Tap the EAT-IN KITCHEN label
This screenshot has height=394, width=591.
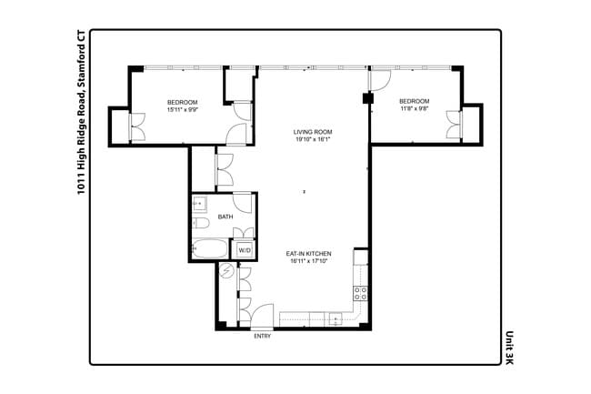[x=308, y=253]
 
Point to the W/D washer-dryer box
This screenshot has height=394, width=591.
[x=245, y=249]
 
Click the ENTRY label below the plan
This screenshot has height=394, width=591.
[x=262, y=336]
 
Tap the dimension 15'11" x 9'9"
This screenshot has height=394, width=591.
[x=182, y=109]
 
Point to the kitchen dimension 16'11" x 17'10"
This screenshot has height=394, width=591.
[x=307, y=261]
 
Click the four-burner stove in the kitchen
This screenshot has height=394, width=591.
[x=360, y=293]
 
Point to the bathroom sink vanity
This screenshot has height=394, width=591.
[x=201, y=204]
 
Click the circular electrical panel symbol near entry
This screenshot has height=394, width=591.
[x=226, y=269]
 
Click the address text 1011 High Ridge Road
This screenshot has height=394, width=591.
[x=81, y=137]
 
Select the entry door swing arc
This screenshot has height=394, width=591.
[x=265, y=312]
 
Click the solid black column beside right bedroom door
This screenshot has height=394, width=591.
[x=367, y=98]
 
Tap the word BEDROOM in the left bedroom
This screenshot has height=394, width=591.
[x=182, y=101]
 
